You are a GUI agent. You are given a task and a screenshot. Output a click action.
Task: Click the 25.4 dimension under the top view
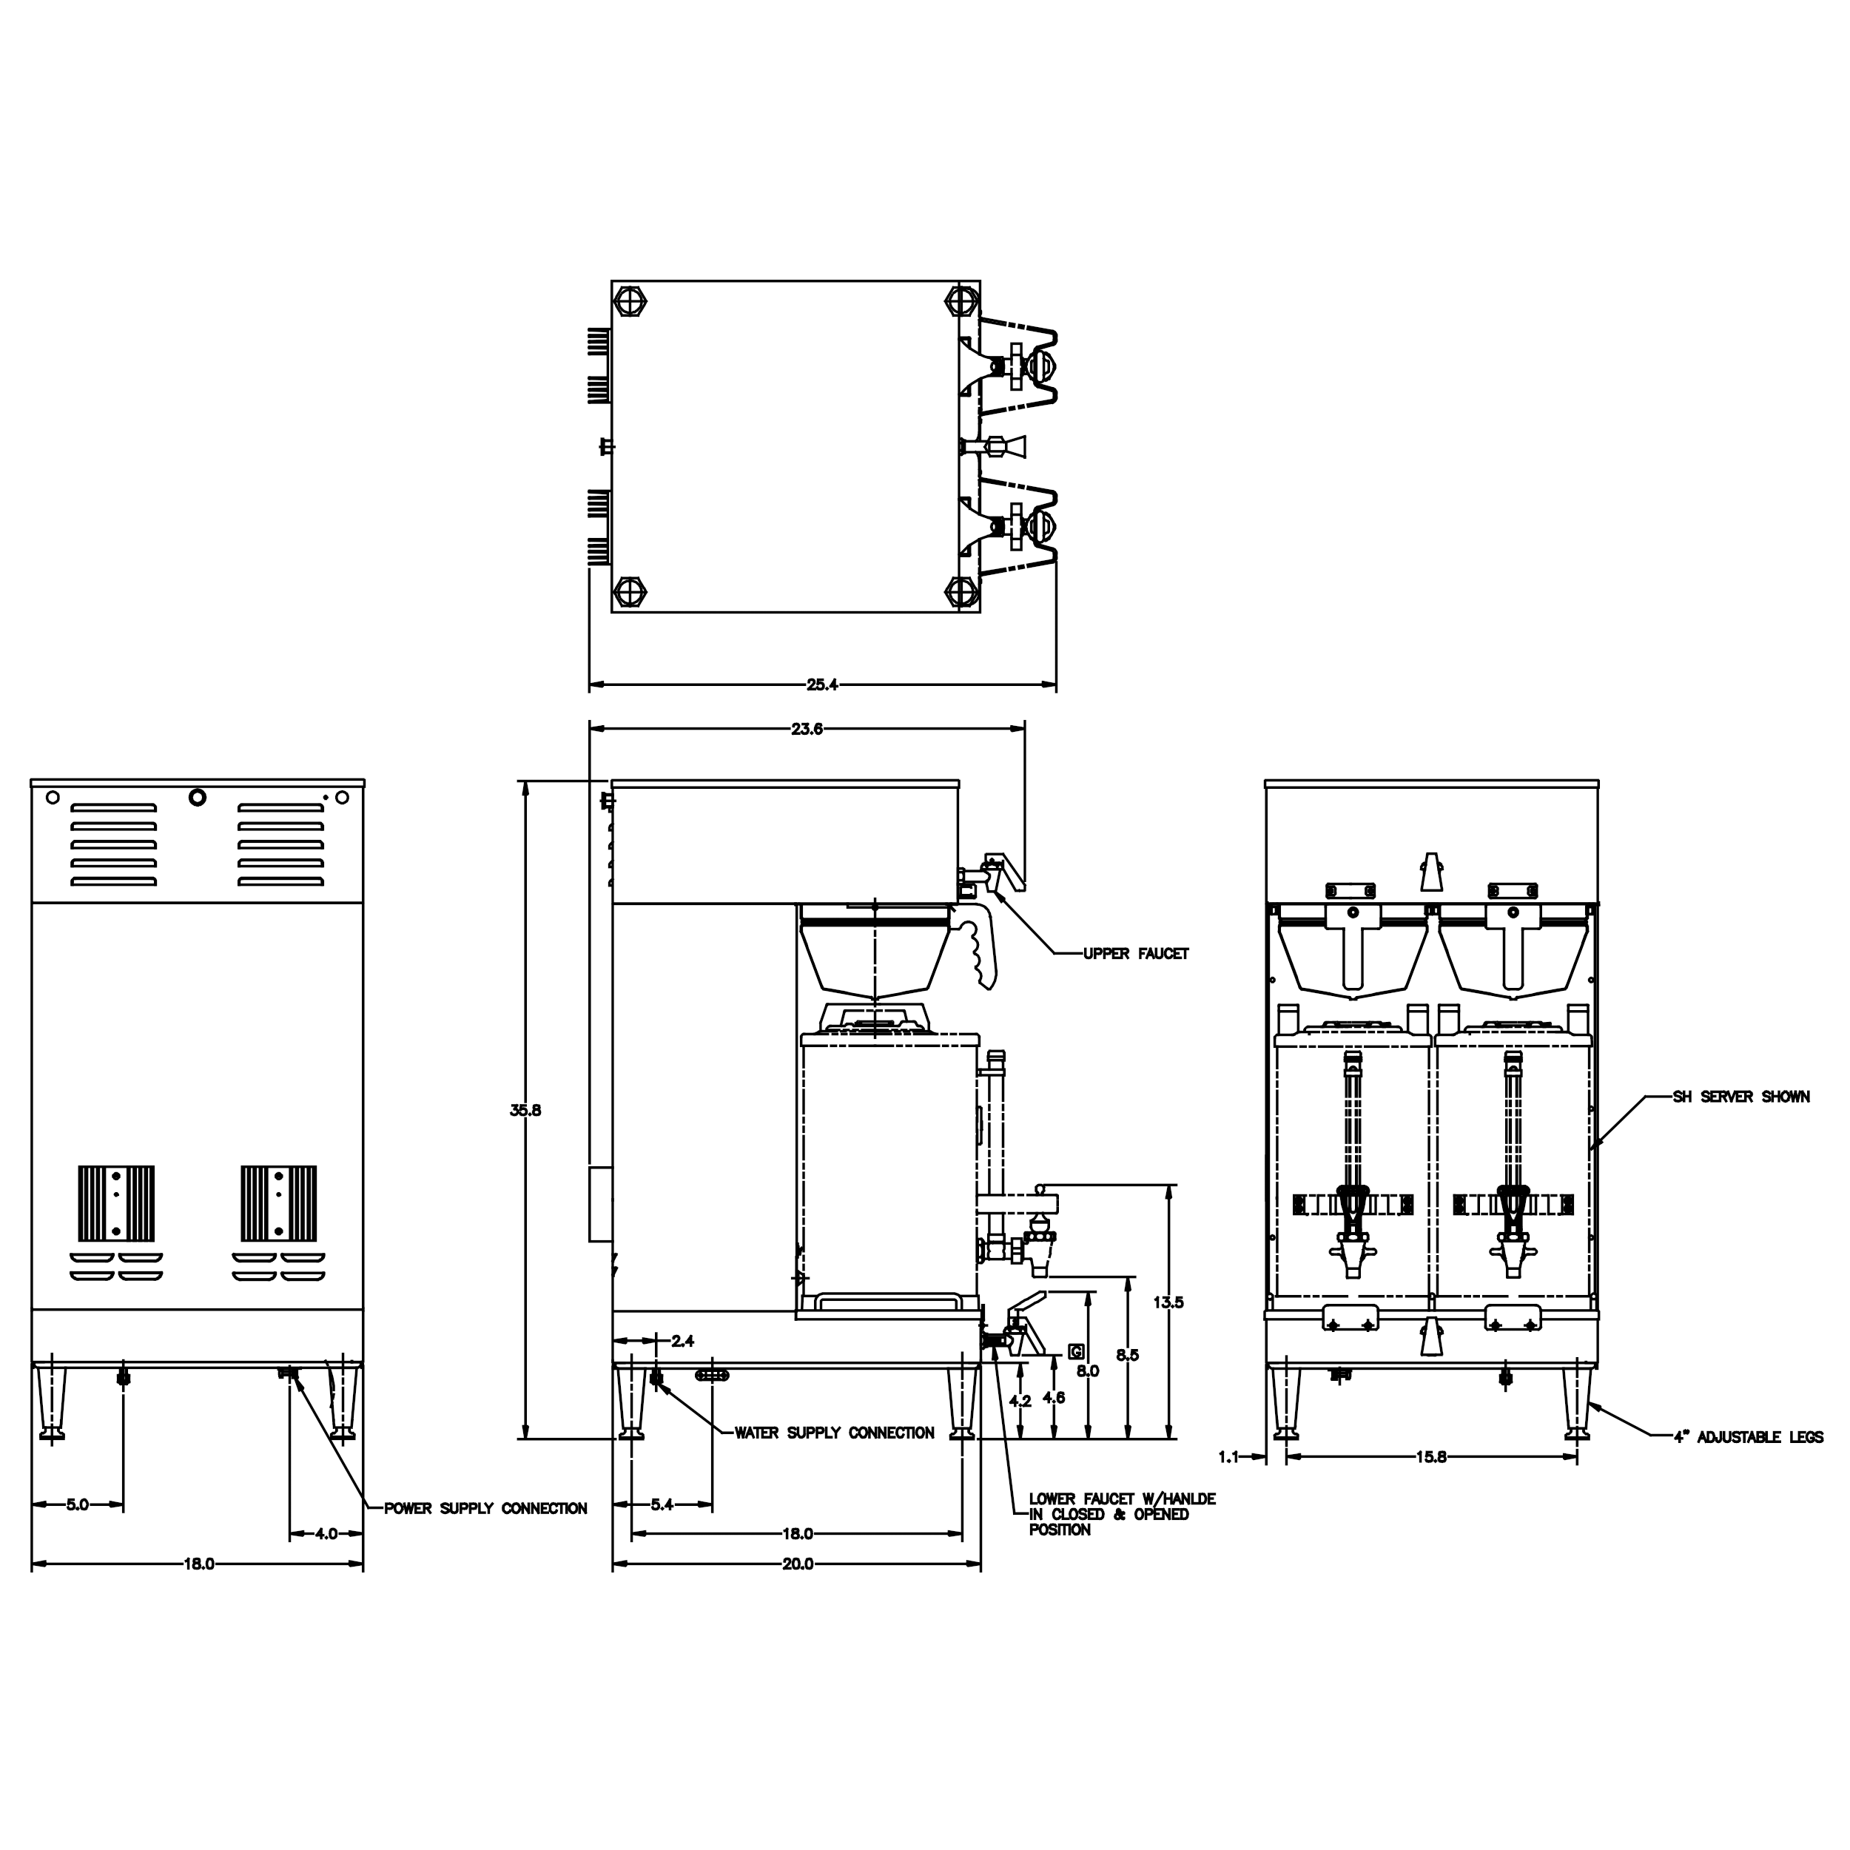coord(821,684)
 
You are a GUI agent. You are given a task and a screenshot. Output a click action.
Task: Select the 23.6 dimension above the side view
coord(807,729)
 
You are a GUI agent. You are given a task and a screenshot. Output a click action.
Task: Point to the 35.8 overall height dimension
coord(525,1111)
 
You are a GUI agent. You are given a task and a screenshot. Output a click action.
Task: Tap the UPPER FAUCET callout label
coord(1136,954)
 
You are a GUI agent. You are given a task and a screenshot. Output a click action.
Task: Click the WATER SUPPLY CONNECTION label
coord(834,1433)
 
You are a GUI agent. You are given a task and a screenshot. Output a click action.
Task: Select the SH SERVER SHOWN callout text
coord(1740,1097)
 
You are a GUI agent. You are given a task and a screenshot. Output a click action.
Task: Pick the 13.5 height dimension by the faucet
coord(1168,1302)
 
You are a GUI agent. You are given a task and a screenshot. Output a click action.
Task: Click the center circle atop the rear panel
coord(198,797)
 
